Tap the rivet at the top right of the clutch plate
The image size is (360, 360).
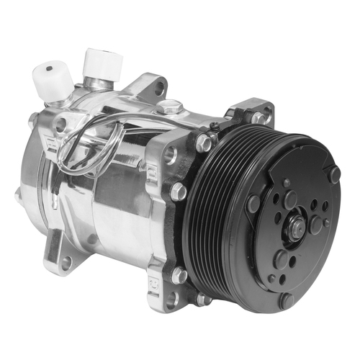click(x=334, y=174)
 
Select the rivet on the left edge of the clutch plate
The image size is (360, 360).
click(x=253, y=204)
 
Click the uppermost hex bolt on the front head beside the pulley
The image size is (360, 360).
click(x=204, y=143)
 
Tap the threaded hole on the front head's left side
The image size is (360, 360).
click(x=170, y=153)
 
